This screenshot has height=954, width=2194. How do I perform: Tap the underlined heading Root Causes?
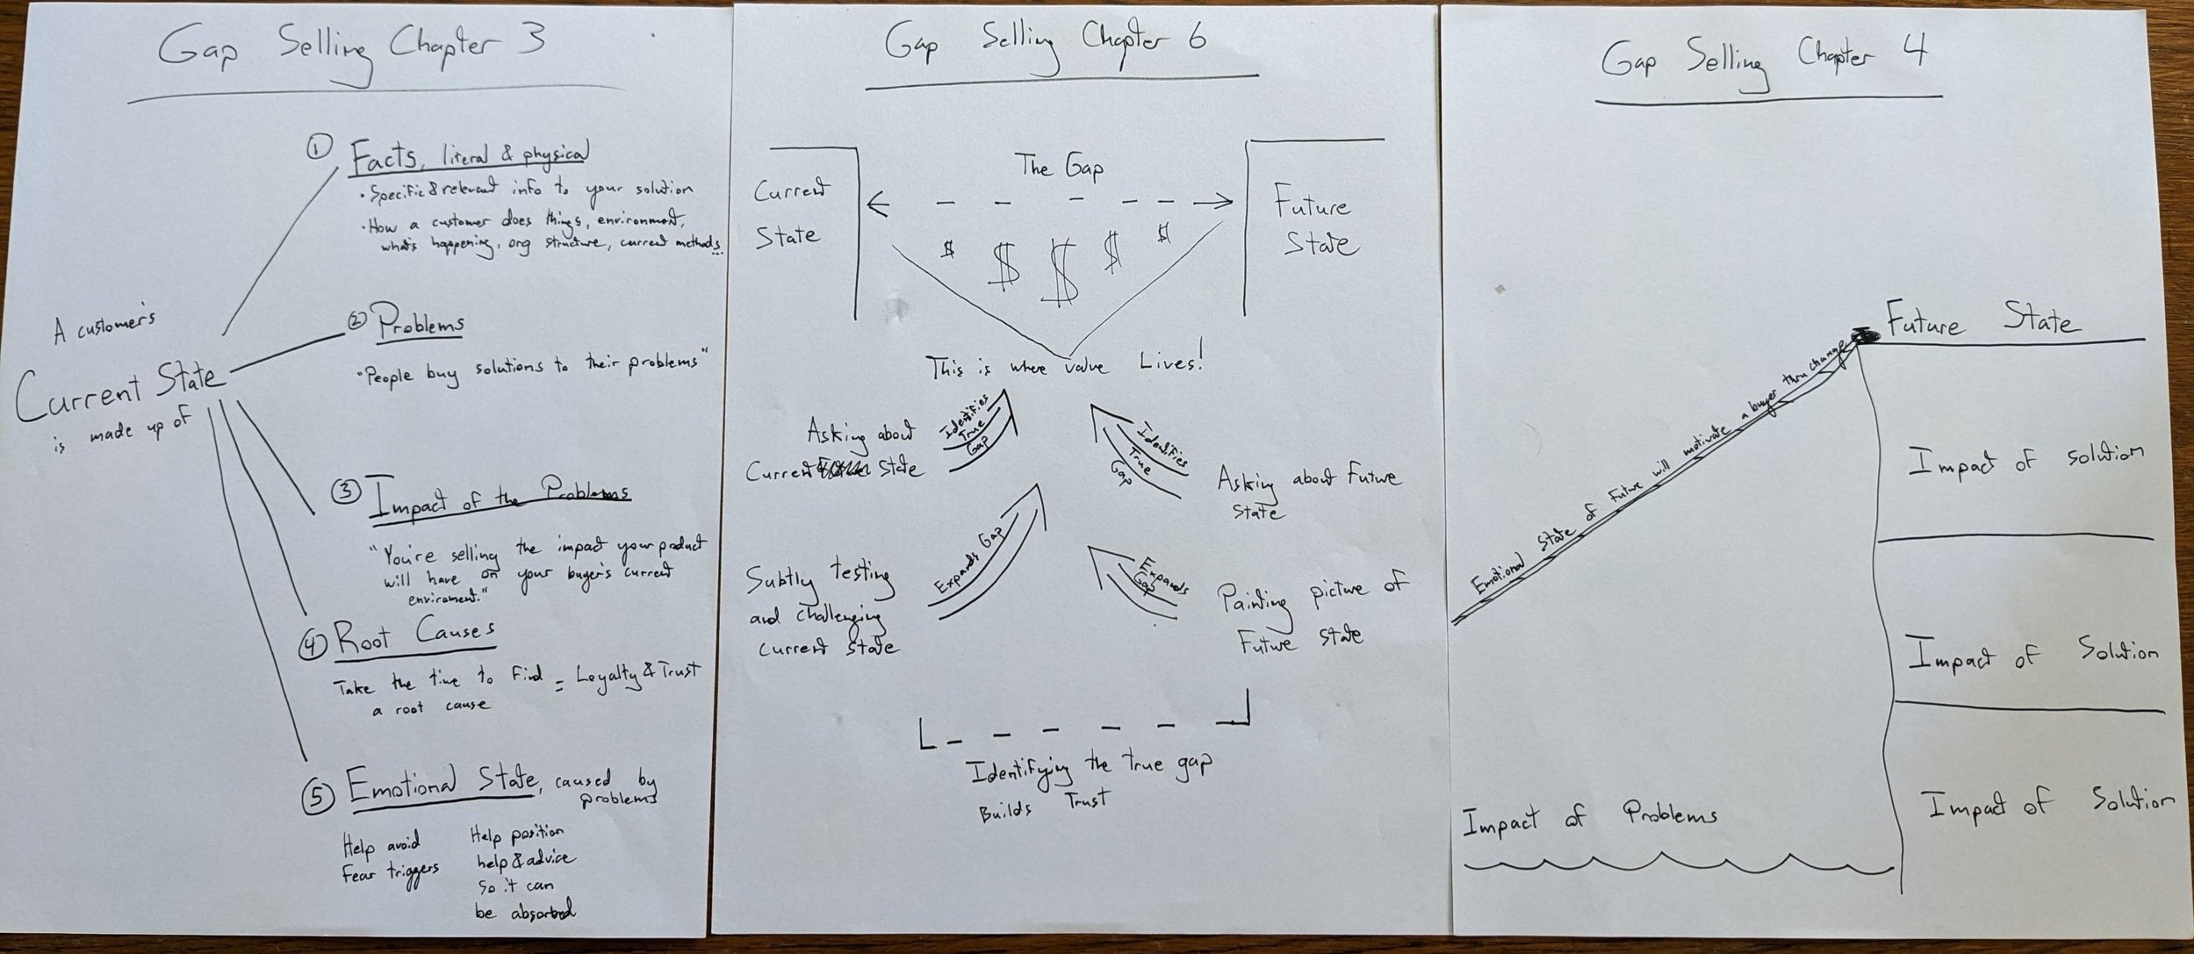[x=414, y=636]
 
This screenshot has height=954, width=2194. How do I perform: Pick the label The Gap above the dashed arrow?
[x=1059, y=167]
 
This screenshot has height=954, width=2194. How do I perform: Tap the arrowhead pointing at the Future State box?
[x=1223, y=203]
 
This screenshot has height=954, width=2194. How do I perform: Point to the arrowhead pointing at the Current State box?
[x=876, y=205]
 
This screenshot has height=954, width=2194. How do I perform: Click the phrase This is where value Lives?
[x=1063, y=365]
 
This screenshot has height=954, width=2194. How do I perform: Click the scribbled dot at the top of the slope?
[x=1863, y=335]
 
